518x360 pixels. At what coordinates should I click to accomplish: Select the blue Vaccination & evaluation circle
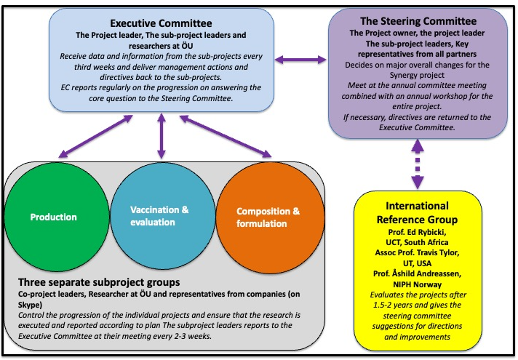tap(159, 217)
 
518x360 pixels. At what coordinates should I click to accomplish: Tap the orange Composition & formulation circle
tap(268, 217)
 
